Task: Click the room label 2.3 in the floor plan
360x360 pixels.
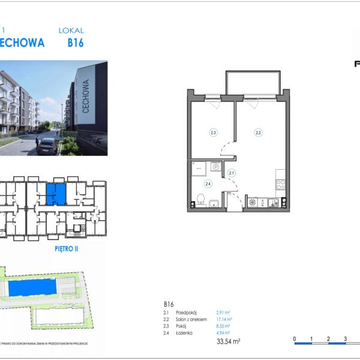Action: (212, 132)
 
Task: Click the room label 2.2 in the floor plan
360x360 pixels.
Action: (258, 132)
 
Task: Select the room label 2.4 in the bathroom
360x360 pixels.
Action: (208, 184)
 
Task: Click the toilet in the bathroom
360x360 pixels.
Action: (202, 200)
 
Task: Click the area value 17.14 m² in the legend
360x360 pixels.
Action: (224, 319)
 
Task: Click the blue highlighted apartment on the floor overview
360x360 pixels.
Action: (56, 193)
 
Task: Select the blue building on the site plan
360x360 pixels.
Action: (34, 288)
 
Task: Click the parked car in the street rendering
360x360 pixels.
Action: (47, 145)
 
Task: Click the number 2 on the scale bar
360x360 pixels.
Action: (328, 340)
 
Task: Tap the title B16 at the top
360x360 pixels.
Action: (75, 43)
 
